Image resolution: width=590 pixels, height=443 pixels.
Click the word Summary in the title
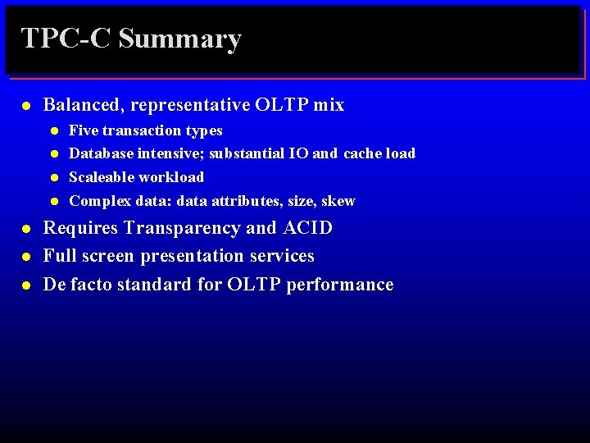[179, 39]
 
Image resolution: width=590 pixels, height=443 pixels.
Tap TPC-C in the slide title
[65, 39]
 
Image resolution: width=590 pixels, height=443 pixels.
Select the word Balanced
[84, 105]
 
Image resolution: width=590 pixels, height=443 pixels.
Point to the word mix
[328, 105]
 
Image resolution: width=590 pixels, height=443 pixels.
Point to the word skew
[338, 201]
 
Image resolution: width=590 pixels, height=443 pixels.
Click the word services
[282, 256]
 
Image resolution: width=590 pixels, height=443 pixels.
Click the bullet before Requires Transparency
[26, 229]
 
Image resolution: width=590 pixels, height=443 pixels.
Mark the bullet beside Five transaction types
[53, 131]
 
